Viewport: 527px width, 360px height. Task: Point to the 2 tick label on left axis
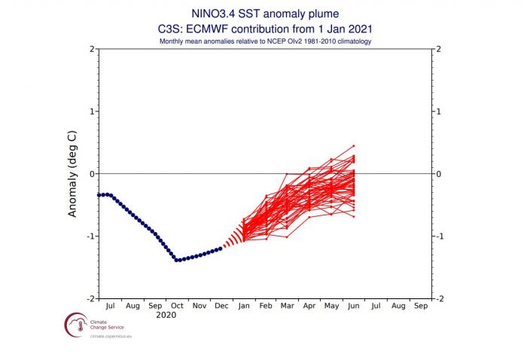click(91, 49)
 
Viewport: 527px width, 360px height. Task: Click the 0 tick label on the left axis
click(91, 174)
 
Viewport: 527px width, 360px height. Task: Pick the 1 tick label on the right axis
click(437, 111)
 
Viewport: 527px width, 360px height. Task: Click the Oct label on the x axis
click(177, 307)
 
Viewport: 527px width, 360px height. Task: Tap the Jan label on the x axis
click(244, 307)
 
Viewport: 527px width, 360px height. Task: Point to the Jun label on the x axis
click(354, 307)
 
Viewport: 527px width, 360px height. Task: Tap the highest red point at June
click(354, 145)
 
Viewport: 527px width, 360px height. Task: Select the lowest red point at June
click(354, 217)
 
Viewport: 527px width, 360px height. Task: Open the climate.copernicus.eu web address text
click(93, 340)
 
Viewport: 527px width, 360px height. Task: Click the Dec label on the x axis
click(221, 307)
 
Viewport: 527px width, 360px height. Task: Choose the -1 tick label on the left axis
click(90, 236)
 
